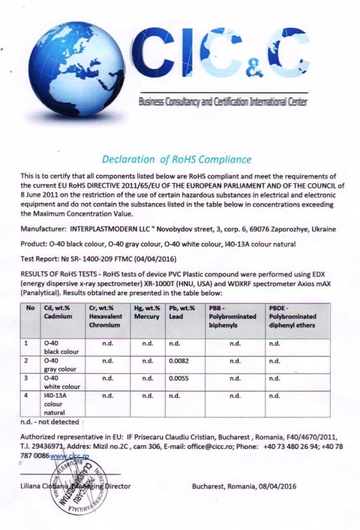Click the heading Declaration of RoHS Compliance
tap(176, 159)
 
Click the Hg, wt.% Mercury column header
tap(147, 312)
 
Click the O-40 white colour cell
tap(62, 382)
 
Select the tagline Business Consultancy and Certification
tap(222, 102)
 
